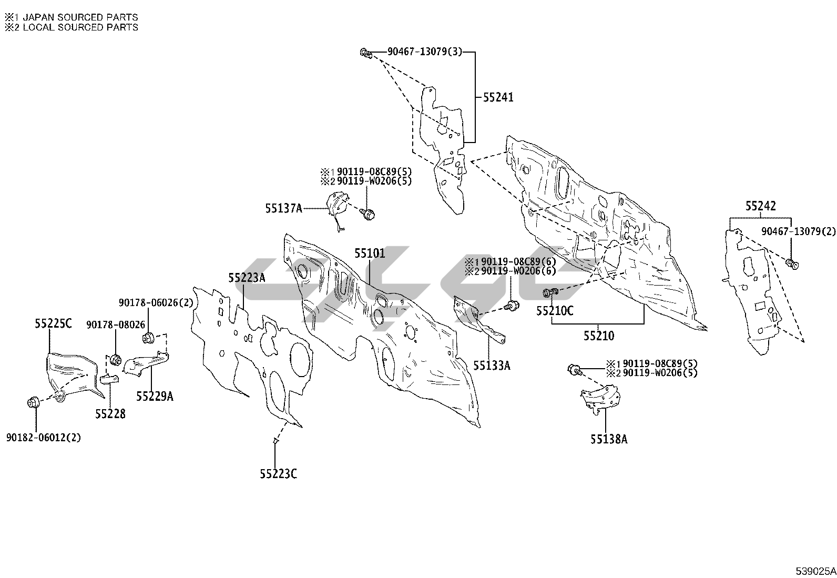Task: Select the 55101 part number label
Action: coord(369,253)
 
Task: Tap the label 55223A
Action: coord(247,278)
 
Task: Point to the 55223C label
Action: coord(278,474)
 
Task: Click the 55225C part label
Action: coord(53,324)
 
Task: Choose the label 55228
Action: coord(110,414)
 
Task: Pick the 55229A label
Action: coord(155,397)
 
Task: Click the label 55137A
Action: coord(283,208)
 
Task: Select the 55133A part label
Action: coord(492,365)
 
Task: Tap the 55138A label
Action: coord(608,439)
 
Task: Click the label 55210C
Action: coord(555,311)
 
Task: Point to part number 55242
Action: coord(760,206)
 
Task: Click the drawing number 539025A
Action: coord(815,571)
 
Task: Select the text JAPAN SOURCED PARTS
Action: coord(80,17)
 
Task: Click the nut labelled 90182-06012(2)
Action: coord(32,403)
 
